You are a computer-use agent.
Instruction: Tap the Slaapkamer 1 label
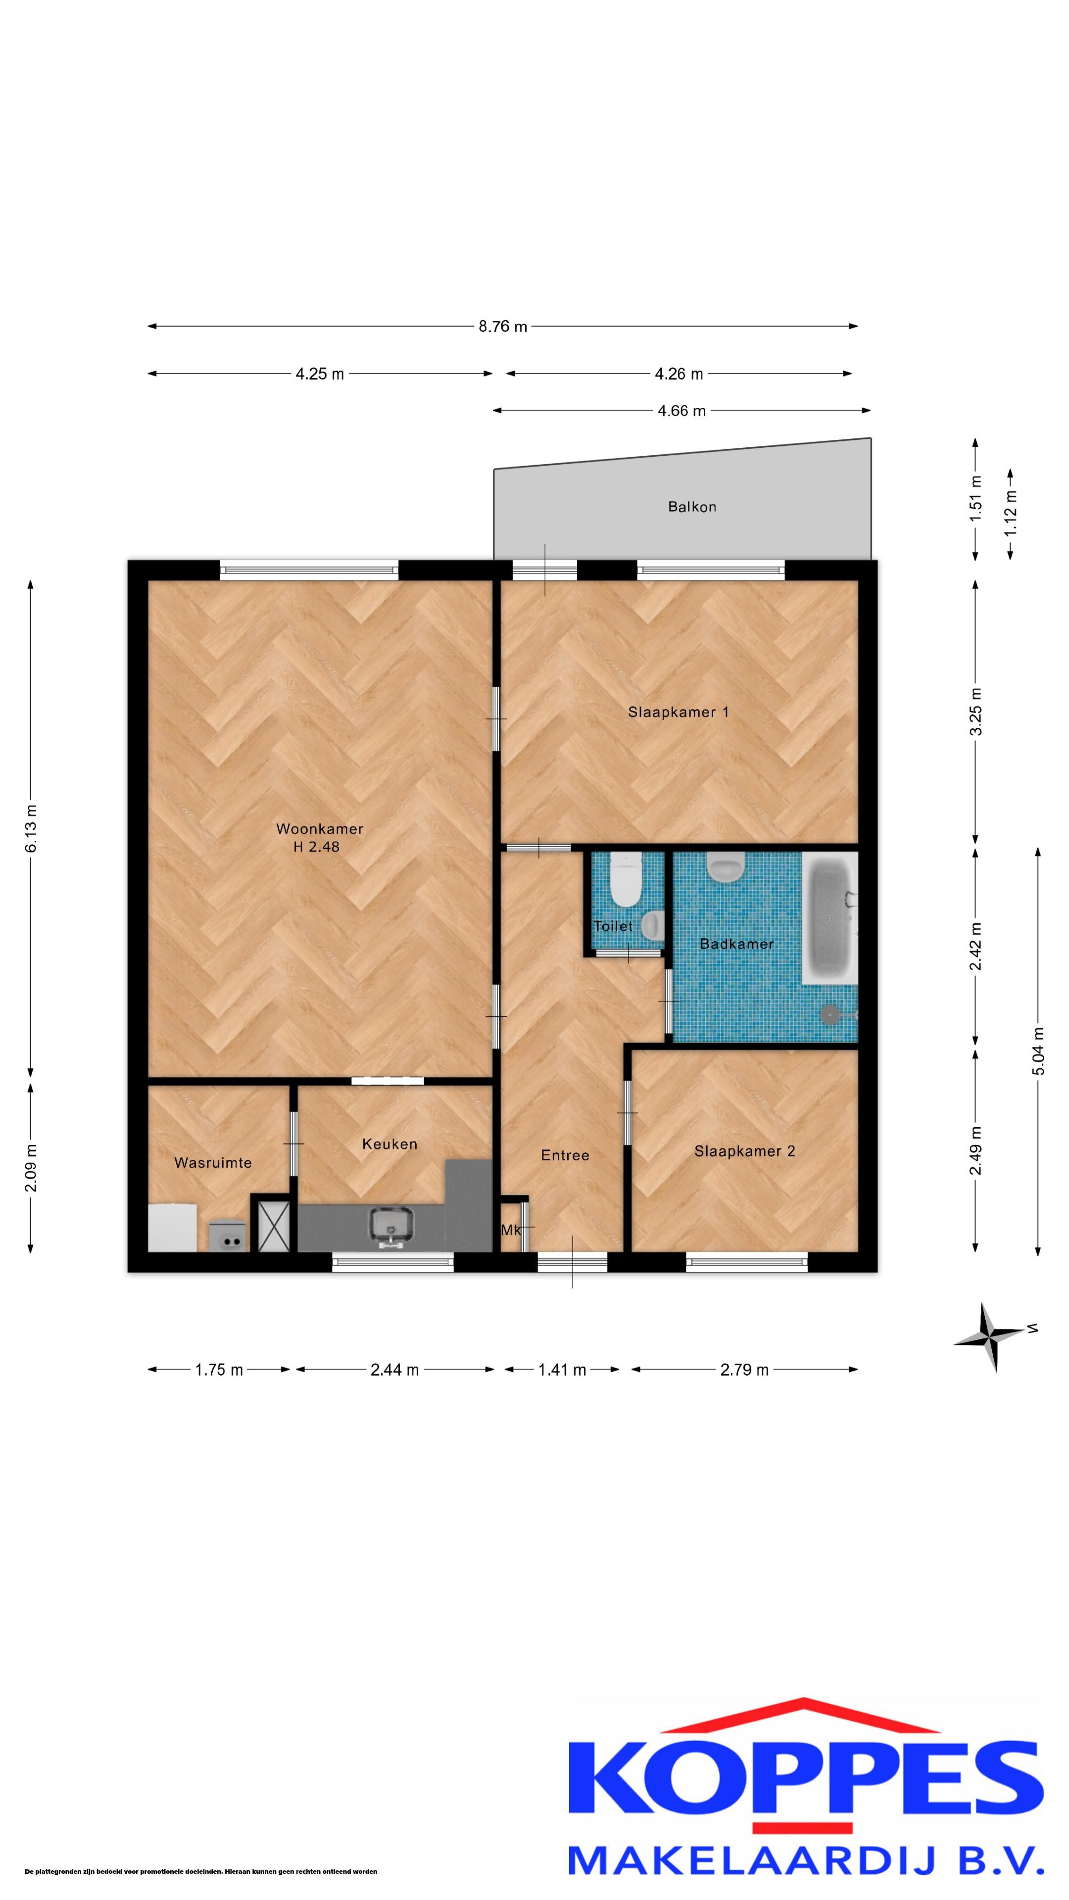678,712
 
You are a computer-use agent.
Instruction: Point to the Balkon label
692,507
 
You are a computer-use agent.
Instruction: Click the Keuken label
389,1144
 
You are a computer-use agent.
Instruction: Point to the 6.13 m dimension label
31,829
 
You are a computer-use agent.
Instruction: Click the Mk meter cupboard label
511,1230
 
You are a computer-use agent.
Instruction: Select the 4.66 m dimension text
681,411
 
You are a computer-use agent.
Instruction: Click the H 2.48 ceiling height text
317,847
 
